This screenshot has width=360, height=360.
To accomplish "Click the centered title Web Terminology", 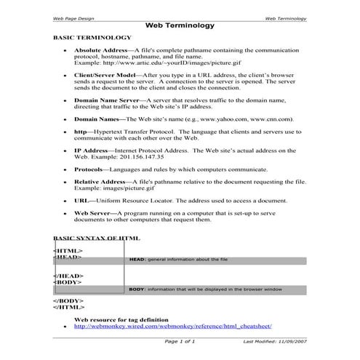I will pos(180,24).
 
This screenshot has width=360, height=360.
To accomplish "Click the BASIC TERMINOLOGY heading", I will pos(92,37).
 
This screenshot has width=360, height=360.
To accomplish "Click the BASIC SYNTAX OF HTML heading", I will pos(97,238).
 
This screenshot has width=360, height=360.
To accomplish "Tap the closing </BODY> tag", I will pos(68,300).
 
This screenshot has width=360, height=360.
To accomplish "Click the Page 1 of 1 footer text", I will pos(180,341).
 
